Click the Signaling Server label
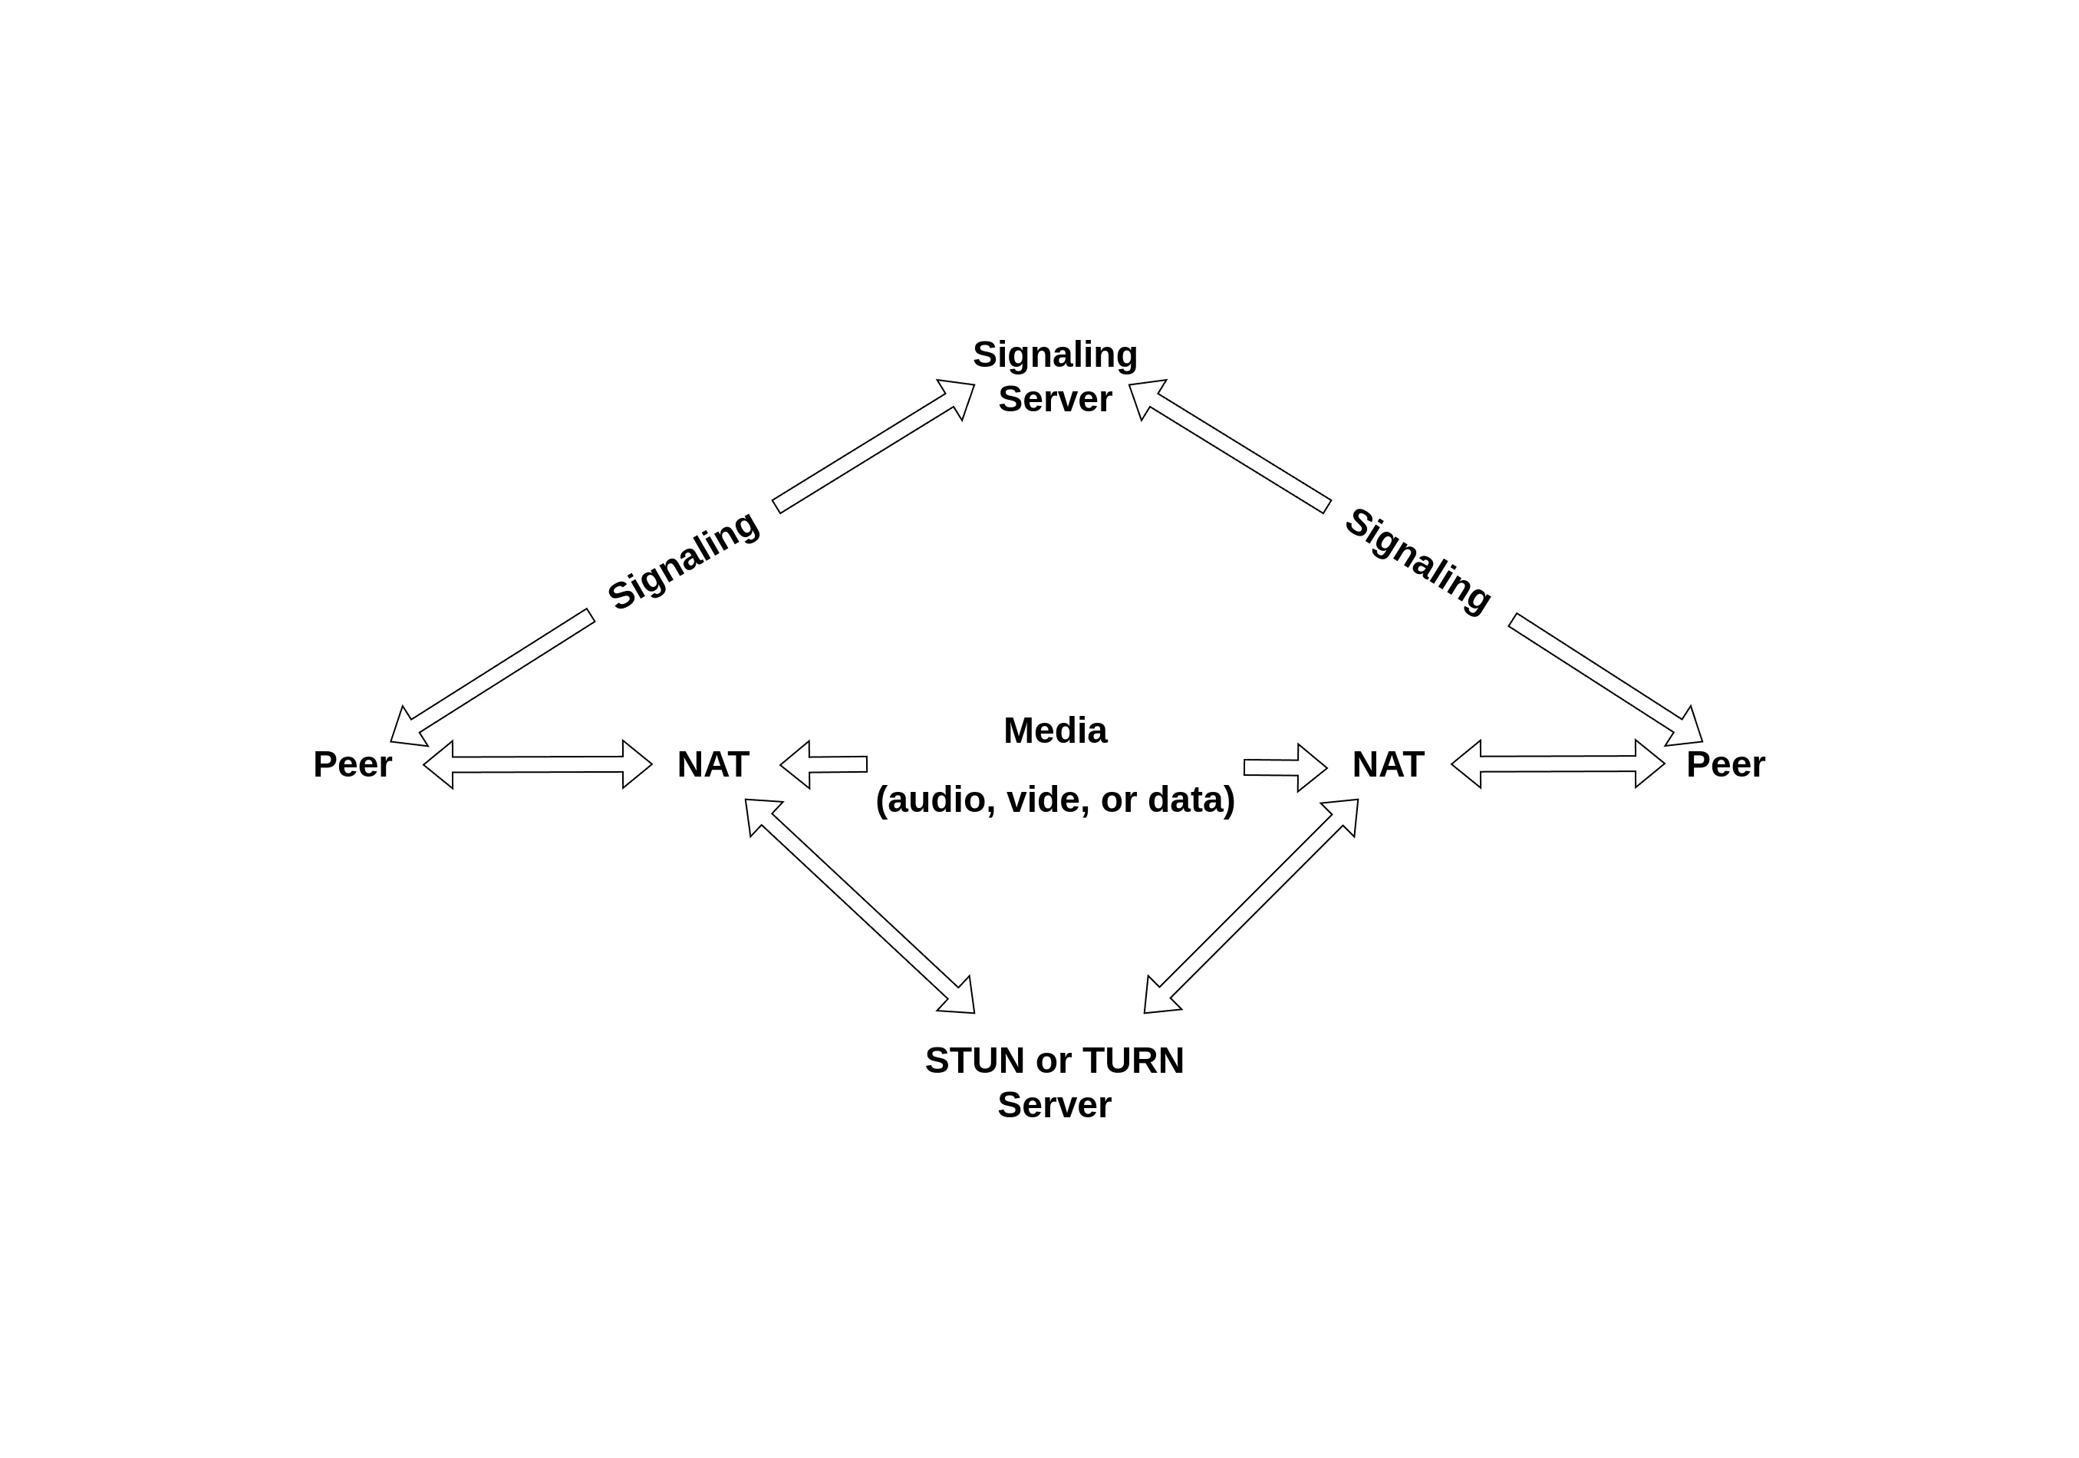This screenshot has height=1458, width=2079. (1055, 377)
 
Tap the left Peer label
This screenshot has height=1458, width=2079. (352, 765)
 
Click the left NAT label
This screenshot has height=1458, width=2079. (713, 765)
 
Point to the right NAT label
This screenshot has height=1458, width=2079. (1387, 765)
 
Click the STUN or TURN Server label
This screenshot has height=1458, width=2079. (1054, 1082)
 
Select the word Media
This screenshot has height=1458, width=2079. (1055, 731)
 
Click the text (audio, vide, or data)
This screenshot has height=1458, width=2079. (1055, 800)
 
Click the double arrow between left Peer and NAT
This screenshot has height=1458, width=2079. (538, 764)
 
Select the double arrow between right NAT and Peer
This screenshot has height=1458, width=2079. (1557, 764)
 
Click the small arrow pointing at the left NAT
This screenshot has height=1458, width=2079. (822, 765)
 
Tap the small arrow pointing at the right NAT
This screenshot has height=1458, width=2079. (1286, 768)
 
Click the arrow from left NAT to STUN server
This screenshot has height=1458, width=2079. (859, 905)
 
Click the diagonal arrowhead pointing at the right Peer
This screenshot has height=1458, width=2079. (1686, 727)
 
